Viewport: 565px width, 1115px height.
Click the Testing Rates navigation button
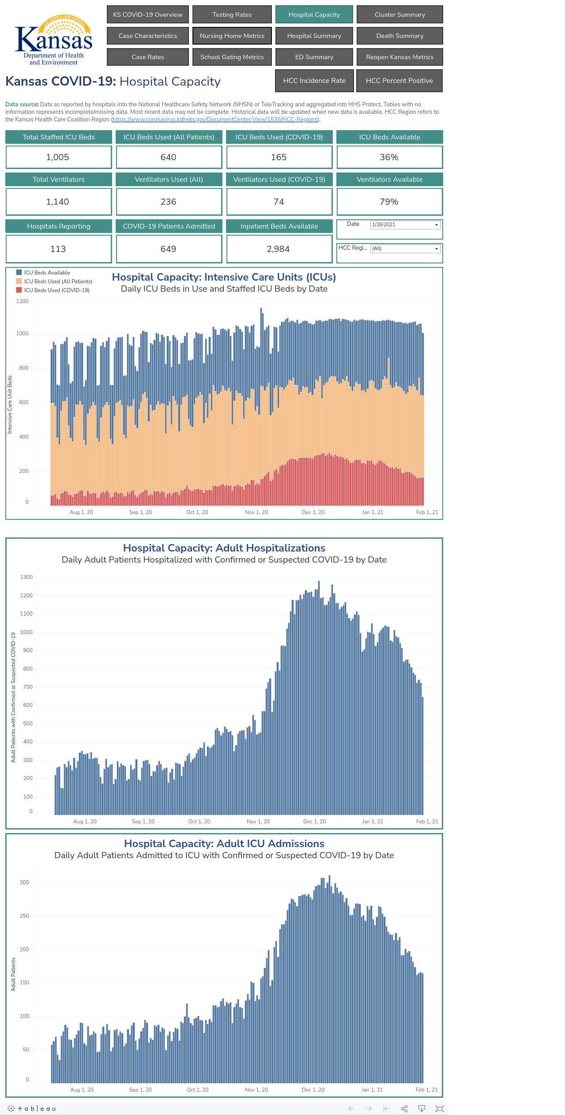point(232,15)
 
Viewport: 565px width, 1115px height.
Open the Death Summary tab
point(399,36)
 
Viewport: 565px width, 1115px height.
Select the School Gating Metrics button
point(232,57)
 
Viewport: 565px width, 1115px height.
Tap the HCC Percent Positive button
point(399,81)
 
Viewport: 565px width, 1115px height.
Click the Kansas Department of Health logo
point(54,40)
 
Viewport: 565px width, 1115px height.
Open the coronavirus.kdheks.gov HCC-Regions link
point(215,120)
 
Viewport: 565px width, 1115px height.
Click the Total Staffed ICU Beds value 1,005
point(58,157)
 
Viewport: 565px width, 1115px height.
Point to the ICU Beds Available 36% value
point(389,157)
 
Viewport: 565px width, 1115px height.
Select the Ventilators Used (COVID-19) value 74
point(279,202)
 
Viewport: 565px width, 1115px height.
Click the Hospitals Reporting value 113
point(58,249)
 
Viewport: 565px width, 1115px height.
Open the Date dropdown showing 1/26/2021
point(405,225)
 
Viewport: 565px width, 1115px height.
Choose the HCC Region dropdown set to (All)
point(405,248)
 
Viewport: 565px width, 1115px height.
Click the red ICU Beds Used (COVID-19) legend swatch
point(19,290)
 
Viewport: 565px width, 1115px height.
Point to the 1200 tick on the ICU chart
point(23,301)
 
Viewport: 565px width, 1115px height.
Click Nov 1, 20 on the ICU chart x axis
point(256,512)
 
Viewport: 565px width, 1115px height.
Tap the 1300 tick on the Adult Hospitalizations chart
point(26,577)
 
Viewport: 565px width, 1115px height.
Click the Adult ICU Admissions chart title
point(224,844)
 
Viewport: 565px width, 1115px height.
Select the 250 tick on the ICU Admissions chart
point(24,916)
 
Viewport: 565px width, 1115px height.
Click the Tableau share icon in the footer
point(404,1108)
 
